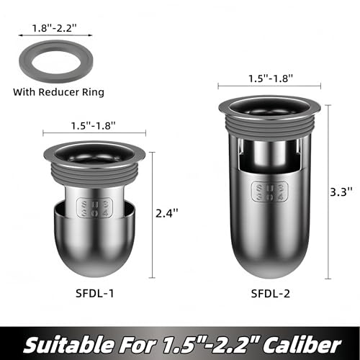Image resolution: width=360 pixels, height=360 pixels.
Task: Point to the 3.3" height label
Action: (x=345, y=192)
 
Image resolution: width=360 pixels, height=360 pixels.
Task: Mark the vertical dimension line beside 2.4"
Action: (x=153, y=214)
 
